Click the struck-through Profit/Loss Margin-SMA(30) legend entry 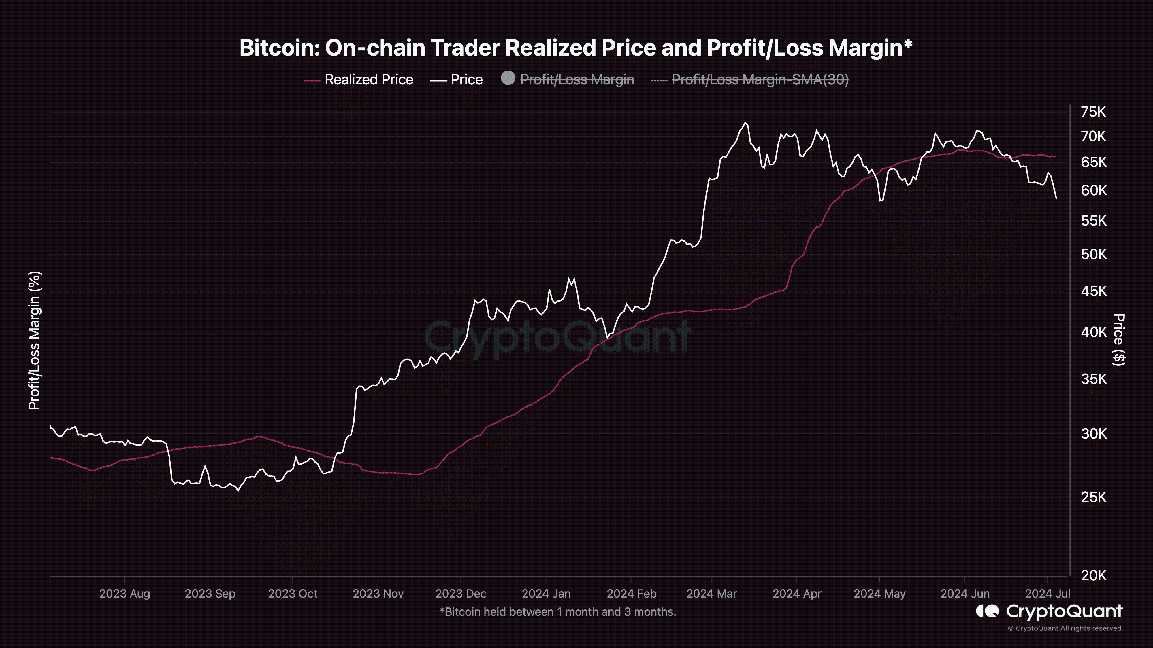click(x=760, y=79)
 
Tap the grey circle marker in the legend click(x=508, y=78)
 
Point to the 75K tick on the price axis click(x=1093, y=112)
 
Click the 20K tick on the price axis click(x=1093, y=575)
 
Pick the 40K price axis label click(x=1093, y=332)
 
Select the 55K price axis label click(x=1093, y=221)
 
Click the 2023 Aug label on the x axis click(x=125, y=594)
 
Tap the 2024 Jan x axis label click(x=546, y=594)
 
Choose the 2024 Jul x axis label click(x=1048, y=594)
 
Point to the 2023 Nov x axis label click(x=378, y=594)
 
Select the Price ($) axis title click(x=1119, y=340)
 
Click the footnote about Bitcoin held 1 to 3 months click(x=558, y=612)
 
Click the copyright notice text click(x=1065, y=628)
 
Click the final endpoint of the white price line click(x=1056, y=198)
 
